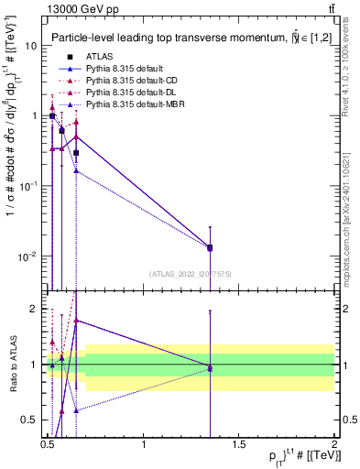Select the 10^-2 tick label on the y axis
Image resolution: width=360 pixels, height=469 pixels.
coord(27,256)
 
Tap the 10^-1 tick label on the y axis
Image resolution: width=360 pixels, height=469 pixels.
coord(27,186)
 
